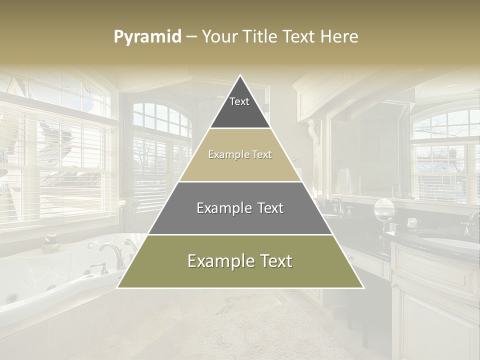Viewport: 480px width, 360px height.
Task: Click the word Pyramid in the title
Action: pyautogui.click(x=147, y=36)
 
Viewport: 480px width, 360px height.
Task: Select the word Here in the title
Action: pyautogui.click(x=339, y=36)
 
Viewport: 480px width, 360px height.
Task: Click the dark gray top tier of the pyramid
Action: pyautogui.click(x=240, y=112)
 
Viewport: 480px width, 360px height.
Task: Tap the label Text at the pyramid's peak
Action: pyautogui.click(x=239, y=101)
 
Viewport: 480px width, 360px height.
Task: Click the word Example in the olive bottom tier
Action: pyautogui.click(x=218, y=261)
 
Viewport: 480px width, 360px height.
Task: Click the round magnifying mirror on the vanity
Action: pyautogui.click(x=384, y=208)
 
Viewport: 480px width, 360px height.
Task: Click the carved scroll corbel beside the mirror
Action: pyautogui.click(x=315, y=131)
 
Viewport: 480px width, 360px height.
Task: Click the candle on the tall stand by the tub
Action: pyautogui.click(x=122, y=202)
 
